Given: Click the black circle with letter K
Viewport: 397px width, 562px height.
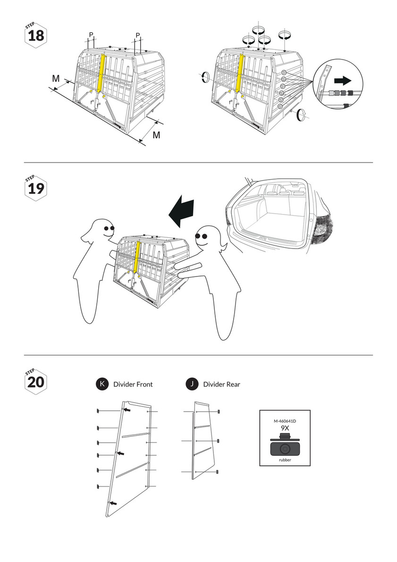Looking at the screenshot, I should tap(101, 384).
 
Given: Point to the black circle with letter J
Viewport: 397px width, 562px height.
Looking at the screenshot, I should tap(192, 384).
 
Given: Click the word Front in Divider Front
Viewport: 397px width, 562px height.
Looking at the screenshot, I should tap(144, 385).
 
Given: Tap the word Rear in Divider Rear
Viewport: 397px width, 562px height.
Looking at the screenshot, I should tap(232, 385).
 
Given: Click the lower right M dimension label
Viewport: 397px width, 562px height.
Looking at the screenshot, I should tap(156, 135).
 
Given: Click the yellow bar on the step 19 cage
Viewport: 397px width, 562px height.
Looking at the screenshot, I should tap(138, 258).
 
